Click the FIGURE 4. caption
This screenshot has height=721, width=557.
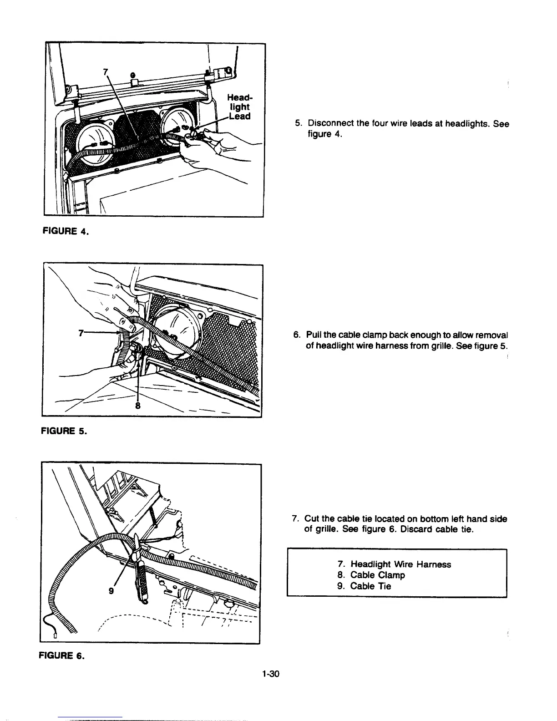click(66, 231)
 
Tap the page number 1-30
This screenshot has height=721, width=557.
click(270, 674)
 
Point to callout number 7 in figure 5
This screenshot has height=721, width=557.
click(81, 333)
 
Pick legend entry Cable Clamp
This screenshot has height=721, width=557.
click(377, 575)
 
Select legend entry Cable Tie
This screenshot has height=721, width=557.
click(370, 586)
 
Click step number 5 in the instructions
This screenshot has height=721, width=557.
click(298, 124)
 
